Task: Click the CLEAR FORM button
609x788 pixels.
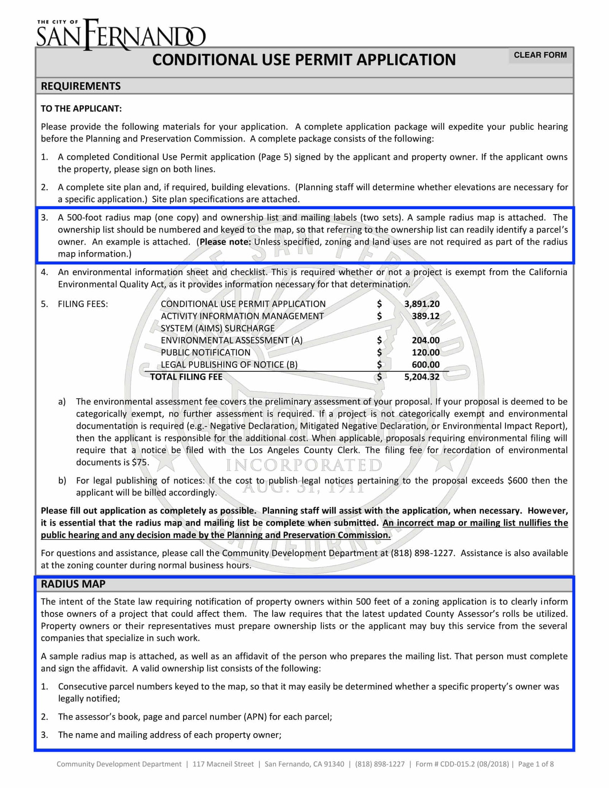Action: [x=540, y=55]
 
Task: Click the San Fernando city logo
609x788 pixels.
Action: [x=121, y=35]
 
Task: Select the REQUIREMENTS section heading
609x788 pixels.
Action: [x=81, y=86]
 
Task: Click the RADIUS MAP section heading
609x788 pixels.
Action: [x=73, y=584]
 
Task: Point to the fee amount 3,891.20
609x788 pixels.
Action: [x=421, y=304]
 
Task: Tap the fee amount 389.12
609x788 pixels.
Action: [x=425, y=316]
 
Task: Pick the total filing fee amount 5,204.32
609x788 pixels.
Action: [x=421, y=377]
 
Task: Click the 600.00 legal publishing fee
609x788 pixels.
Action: [x=425, y=365]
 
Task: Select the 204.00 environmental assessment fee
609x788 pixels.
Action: [x=425, y=341]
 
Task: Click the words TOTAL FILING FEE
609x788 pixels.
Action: [x=186, y=377]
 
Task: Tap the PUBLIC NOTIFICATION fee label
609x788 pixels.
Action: [x=206, y=353]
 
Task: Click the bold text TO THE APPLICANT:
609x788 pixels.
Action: [x=81, y=109]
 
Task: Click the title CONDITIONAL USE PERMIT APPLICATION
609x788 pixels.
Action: [x=304, y=60]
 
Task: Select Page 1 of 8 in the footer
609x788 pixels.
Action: [x=536, y=764]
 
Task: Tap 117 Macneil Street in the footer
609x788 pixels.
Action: [x=223, y=764]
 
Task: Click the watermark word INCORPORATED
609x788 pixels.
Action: [x=304, y=465]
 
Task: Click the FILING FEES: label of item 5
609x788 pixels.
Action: [x=83, y=304]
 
